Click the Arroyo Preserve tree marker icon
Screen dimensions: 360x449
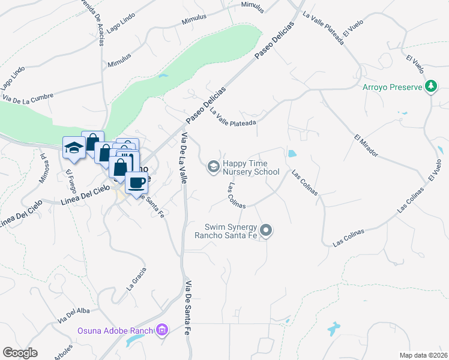pyautogui.click(x=430, y=87)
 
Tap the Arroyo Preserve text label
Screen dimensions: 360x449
pyautogui.click(x=393, y=87)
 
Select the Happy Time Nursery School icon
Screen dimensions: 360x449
pyautogui.click(x=212, y=167)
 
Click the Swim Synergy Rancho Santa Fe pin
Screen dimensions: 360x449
pyautogui.click(x=267, y=230)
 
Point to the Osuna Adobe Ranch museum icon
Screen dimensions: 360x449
pyautogui.click(x=161, y=329)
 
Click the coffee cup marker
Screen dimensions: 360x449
pyautogui.click(x=137, y=182)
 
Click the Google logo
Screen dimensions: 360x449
pyautogui.click(x=20, y=352)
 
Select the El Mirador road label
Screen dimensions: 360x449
pyautogui.click(x=366, y=145)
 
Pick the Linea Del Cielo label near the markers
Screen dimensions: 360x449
pyautogui.click(x=85, y=196)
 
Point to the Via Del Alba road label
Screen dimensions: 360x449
pyautogui.click(x=74, y=314)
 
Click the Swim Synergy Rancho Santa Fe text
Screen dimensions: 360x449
pyautogui.click(x=231, y=231)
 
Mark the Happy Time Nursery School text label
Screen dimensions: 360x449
pyautogui.click(x=251, y=167)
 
